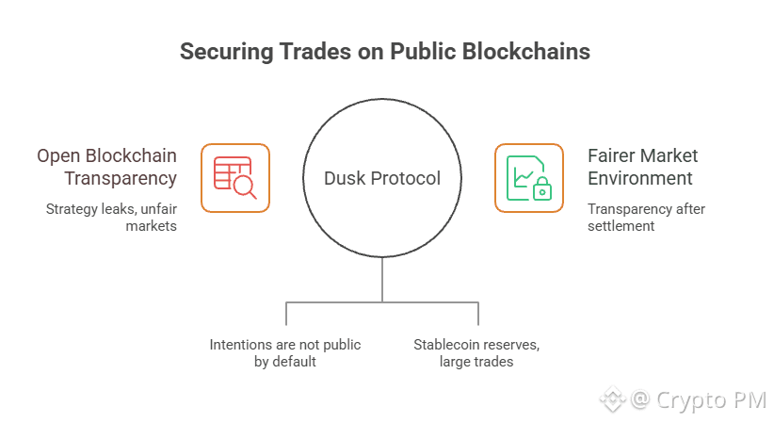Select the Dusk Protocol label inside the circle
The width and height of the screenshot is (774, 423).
coord(382,178)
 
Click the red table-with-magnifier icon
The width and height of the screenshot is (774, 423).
coord(235,178)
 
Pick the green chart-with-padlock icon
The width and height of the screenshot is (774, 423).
coord(528,178)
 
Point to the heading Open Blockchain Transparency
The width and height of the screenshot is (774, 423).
coord(106,166)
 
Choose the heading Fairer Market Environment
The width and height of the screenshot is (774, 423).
coord(643,166)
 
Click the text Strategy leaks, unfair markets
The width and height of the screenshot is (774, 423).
coord(111,217)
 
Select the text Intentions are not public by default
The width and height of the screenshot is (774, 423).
coord(285,352)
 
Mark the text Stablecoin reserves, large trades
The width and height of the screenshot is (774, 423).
coord(476,352)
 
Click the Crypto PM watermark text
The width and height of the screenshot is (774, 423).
coord(701,399)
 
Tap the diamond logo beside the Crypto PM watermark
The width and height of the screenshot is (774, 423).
coord(612,399)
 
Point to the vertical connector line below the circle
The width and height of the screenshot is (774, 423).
coord(382,280)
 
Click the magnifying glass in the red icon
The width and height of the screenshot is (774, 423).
coord(245,187)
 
